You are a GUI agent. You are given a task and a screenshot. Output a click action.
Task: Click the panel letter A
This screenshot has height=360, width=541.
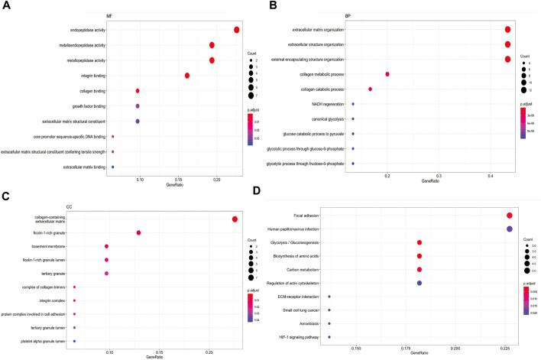(6, 6)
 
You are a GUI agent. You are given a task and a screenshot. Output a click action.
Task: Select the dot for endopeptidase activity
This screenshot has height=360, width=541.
(237, 30)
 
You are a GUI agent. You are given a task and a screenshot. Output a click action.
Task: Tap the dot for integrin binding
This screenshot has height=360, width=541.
(187, 76)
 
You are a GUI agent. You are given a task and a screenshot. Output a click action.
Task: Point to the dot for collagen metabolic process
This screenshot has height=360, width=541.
(387, 74)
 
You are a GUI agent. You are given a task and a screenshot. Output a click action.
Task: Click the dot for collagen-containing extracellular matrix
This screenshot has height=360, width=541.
(235, 219)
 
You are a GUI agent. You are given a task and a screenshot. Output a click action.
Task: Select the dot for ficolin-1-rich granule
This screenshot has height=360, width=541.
(138, 233)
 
